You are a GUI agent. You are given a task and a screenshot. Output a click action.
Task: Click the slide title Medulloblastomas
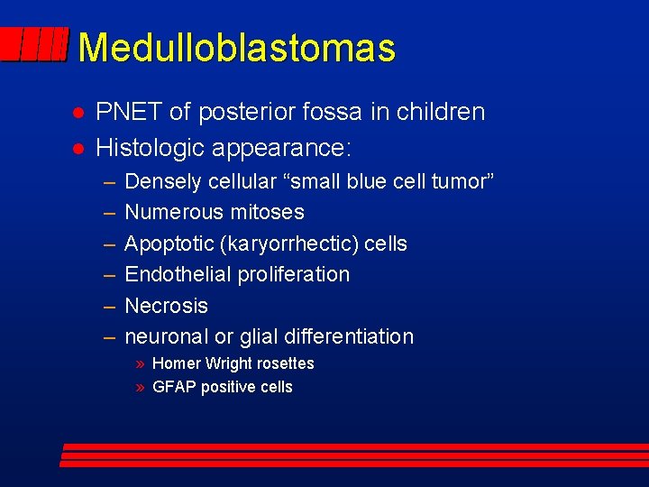tap(236, 48)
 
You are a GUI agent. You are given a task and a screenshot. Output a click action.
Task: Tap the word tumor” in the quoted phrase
tap(462, 181)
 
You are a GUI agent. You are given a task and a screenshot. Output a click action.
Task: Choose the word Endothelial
tap(177, 274)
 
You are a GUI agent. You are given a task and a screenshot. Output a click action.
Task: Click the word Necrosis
tap(166, 306)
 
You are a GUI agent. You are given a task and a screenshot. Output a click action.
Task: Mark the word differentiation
tap(349, 337)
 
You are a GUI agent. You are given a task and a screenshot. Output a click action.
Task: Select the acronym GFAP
tap(175, 387)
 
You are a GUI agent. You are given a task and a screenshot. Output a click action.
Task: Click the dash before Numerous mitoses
tap(108, 213)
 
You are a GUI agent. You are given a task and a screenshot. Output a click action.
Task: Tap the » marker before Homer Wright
tap(141, 364)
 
